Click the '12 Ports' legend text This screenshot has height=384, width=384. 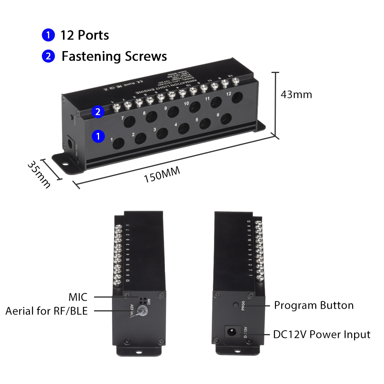pos(84,35)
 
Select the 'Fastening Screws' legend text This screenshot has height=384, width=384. pos(114,56)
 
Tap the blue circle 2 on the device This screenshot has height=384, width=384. pos(98,112)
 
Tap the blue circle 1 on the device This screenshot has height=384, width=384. pos(98,136)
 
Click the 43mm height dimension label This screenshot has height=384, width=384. pos(296,94)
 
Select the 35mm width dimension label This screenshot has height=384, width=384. pos(39,174)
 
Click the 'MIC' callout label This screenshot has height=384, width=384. pos(78,297)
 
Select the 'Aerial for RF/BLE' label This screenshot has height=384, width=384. pos(46,311)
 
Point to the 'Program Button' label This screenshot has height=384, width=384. pos(314,306)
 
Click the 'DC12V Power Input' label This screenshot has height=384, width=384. pos(321,334)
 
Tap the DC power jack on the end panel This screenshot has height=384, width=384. pos(232,331)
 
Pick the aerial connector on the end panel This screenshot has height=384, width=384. pos(143,312)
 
